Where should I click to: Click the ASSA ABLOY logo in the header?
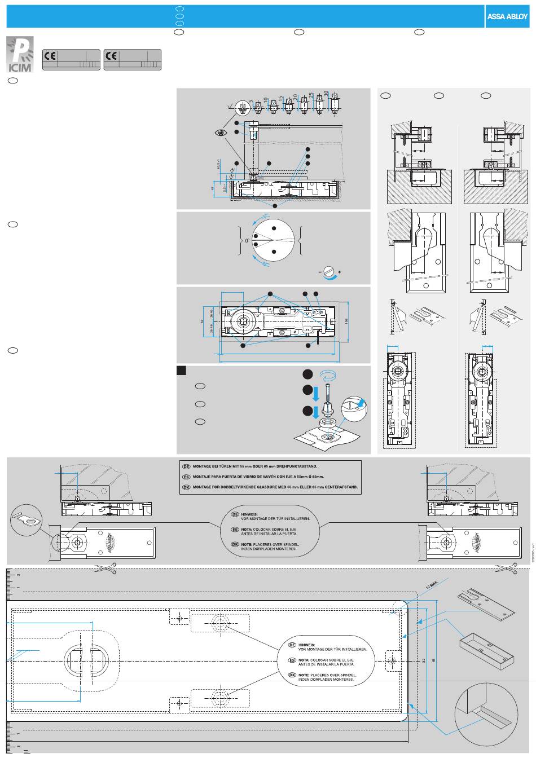507,16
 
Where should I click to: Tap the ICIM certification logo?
20,55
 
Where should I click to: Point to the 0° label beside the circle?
247,241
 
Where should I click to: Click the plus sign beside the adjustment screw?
339,272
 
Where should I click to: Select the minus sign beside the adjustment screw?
319,272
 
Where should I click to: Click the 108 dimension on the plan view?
346,320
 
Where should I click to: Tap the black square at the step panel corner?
182,371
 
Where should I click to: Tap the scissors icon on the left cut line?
105,568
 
